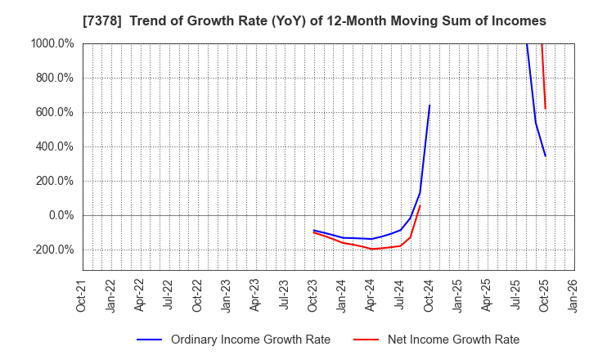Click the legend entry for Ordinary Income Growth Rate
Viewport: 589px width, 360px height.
[250, 340]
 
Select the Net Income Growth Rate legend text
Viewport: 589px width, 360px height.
[452, 340]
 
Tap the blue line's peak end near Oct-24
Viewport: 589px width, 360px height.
[429, 105]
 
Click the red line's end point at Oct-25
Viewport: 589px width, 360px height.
[545, 109]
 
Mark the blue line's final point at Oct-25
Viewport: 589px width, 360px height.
[545, 156]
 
